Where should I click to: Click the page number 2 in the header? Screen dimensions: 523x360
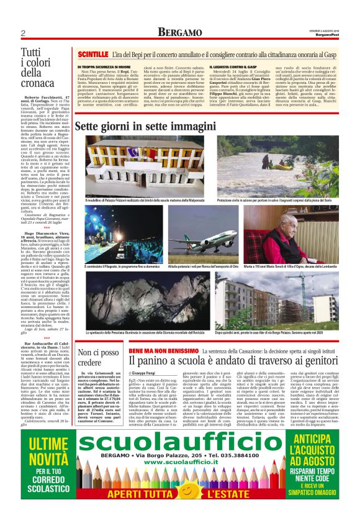23,32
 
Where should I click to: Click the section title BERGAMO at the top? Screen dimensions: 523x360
179,32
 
